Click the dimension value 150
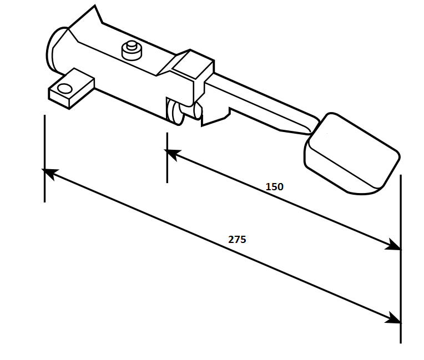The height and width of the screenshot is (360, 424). coord(275,187)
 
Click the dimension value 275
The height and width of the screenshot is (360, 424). coord(237,240)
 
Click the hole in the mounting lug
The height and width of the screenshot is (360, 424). coord(65,89)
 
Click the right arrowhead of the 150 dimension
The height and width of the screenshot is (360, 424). coord(393,245)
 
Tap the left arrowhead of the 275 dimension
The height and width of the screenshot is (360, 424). coord(50,173)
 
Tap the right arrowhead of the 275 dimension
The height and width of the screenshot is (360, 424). coord(393,318)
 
